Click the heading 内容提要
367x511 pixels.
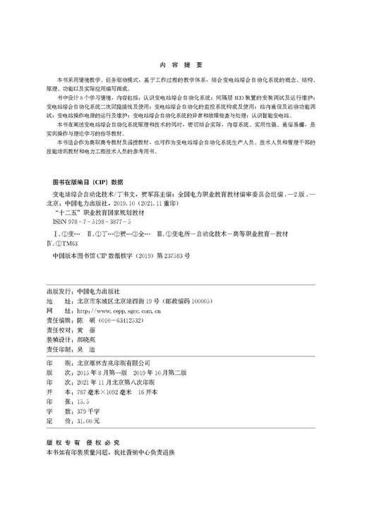pos(183,61)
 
